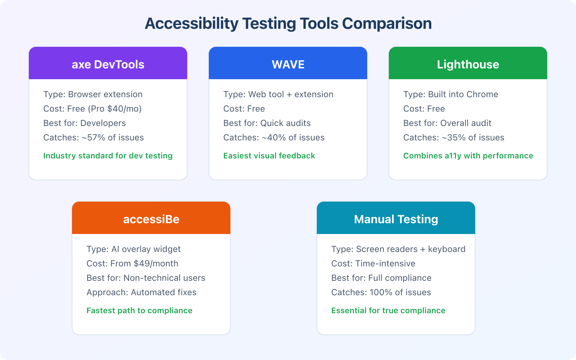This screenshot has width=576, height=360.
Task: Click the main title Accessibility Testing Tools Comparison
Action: coord(288,24)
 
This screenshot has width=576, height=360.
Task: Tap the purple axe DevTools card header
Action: coord(108,64)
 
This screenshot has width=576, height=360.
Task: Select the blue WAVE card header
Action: coord(288,64)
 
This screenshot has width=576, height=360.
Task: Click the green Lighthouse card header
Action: coord(468,64)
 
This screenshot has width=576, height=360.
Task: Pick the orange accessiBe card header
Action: coord(151,219)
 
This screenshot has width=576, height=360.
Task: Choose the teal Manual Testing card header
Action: coord(396,219)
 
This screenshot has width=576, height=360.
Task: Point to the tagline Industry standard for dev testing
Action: coord(108,156)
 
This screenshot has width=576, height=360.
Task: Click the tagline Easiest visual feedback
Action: coord(269,156)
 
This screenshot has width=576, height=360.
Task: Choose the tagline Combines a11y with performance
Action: coord(468,156)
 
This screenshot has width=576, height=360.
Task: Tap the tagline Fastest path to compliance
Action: coord(139,311)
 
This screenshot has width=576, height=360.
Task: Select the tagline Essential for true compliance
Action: coord(388,311)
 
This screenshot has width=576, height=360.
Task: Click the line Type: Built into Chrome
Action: coord(451,94)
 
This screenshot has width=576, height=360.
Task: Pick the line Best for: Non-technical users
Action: coord(146,278)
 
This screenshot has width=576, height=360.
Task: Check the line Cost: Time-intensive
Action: coord(373,264)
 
